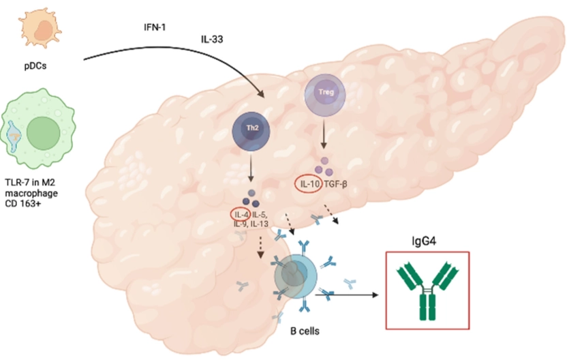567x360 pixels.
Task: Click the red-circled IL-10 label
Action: click(x=307, y=183)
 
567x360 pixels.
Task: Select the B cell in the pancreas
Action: click(x=295, y=275)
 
